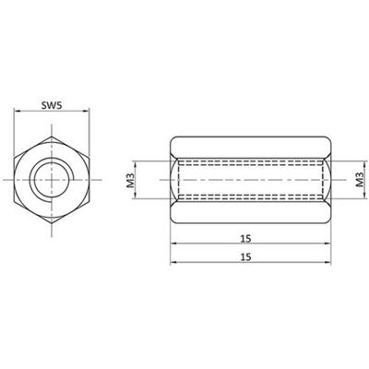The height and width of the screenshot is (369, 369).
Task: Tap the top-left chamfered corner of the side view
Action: [x=174, y=139]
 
